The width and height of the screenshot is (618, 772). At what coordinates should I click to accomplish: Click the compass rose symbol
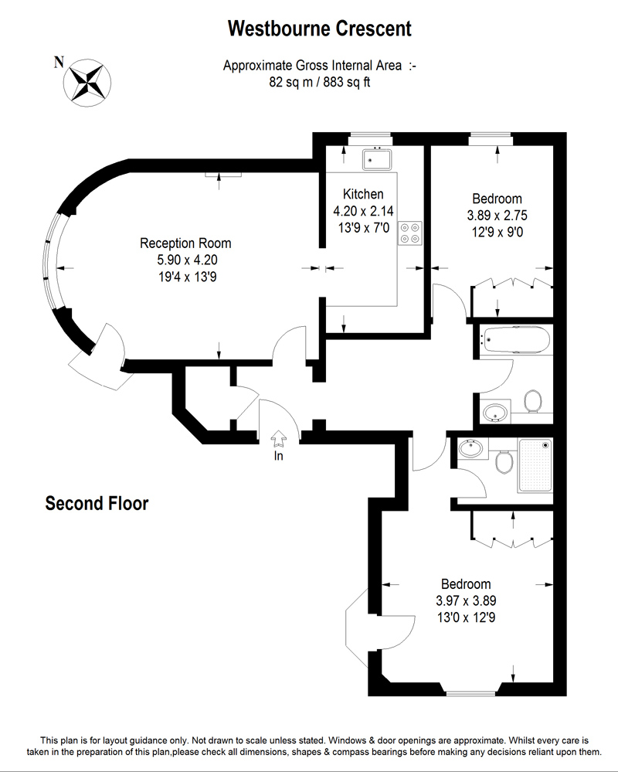(x=87, y=82)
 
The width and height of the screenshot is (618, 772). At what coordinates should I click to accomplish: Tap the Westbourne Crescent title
(x=319, y=29)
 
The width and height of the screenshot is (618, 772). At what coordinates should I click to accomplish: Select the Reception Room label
(x=185, y=243)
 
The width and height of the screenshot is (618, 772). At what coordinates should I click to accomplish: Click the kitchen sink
(x=377, y=159)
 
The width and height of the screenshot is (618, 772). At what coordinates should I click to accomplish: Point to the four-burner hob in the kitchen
(x=410, y=233)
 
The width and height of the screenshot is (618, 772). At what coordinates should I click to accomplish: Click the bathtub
(x=516, y=340)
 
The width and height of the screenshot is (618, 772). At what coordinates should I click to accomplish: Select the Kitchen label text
(x=363, y=194)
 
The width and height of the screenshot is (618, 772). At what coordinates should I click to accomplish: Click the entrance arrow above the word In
(x=278, y=438)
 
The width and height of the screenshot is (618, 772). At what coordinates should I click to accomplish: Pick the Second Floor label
(x=97, y=503)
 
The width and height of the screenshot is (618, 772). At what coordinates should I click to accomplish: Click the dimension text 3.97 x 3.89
(x=466, y=600)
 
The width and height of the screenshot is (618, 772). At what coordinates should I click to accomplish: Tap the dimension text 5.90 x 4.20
(x=187, y=260)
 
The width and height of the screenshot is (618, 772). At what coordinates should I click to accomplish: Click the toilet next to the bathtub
(x=532, y=401)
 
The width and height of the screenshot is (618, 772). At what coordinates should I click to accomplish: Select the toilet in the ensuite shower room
(x=504, y=462)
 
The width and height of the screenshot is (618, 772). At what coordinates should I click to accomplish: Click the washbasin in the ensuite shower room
(x=471, y=448)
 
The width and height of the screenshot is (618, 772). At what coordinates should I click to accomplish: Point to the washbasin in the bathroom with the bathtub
(x=495, y=413)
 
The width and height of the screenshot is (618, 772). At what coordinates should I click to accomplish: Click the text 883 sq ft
(x=346, y=82)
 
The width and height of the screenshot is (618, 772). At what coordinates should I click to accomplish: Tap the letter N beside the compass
(x=59, y=62)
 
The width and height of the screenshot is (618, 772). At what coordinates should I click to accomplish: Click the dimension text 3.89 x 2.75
(x=497, y=215)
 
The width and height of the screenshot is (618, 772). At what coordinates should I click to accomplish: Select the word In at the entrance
(x=279, y=456)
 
